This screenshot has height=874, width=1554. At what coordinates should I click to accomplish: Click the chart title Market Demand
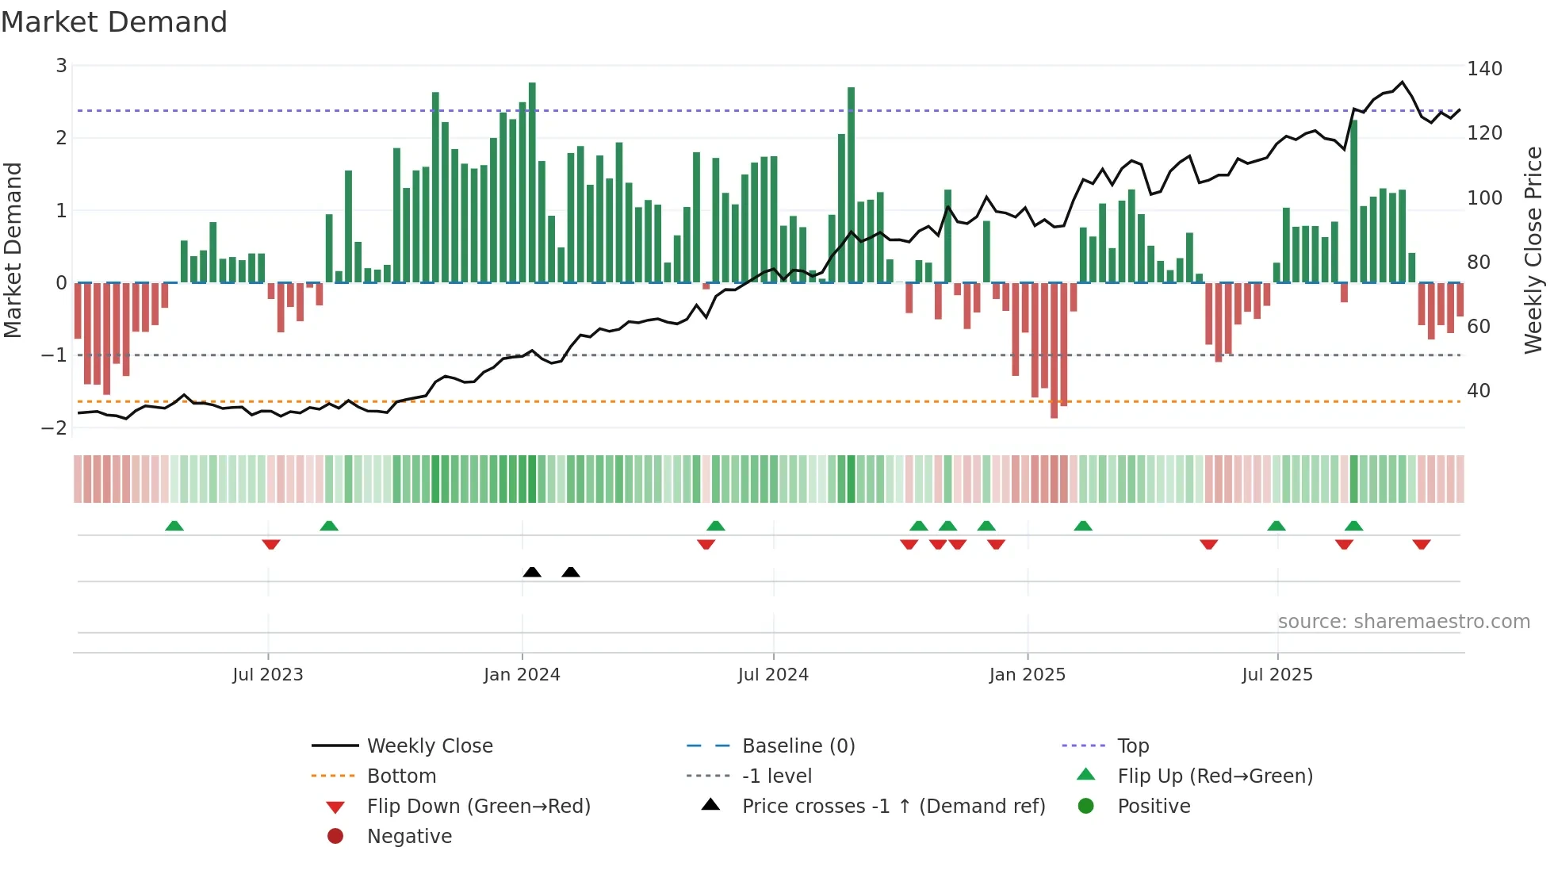[114, 22]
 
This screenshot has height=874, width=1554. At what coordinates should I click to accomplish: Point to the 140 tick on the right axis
[1484, 69]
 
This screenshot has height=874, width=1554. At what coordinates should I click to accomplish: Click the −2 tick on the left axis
[55, 427]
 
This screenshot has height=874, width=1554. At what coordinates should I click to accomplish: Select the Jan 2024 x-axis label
[522, 675]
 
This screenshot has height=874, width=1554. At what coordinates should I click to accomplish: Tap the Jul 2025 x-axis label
[1277, 675]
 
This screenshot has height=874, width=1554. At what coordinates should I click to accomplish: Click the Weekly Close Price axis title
[1533, 250]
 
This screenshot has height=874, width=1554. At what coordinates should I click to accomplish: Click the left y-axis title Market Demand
[13, 250]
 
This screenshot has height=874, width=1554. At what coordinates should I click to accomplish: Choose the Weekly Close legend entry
[429, 746]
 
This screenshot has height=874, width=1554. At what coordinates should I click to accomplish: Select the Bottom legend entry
[401, 776]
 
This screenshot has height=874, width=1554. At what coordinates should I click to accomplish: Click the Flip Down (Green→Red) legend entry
[478, 807]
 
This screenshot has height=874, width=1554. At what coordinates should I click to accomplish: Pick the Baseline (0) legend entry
[798, 746]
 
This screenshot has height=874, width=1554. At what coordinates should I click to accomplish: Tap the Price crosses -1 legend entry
[893, 807]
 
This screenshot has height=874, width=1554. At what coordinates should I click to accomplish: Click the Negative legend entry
[409, 837]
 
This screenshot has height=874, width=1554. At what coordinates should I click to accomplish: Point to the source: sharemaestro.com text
[1403, 622]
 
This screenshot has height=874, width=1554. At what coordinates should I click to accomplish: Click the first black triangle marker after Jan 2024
[532, 572]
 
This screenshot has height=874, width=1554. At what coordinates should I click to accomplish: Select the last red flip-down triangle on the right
[1421, 544]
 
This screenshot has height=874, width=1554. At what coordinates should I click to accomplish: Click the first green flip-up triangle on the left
[174, 526]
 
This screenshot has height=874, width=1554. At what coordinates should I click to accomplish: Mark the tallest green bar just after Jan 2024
[532, 182]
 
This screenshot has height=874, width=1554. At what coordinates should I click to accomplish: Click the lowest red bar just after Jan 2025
[1054, 349]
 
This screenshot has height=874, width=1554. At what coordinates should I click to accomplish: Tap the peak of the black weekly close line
[1402, 82]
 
